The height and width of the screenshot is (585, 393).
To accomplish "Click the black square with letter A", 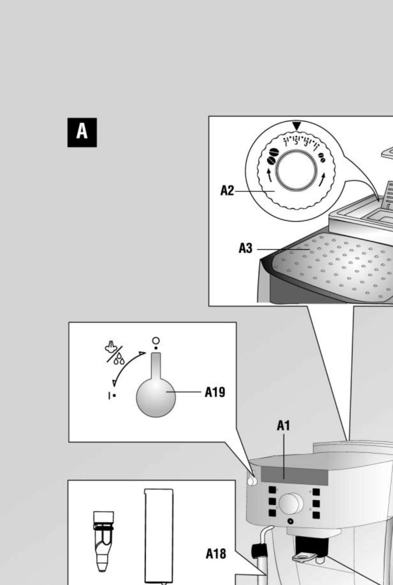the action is tap(82, 132).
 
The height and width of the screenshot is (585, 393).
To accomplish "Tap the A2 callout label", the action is tap(227, 191).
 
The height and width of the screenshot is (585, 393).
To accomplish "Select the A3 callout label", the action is tap(246, 248).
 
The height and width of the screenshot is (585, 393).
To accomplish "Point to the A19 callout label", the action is tap(215, 392).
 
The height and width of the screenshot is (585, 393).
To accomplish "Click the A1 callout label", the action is tap(283, 425).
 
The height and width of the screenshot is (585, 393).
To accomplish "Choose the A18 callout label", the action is tap(216, 554).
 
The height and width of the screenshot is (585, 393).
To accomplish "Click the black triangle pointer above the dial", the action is tap(297, 125).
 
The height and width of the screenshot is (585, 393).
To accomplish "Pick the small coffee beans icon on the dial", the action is tap(322, 158).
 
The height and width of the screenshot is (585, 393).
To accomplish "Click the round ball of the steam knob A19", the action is tap(156, 397).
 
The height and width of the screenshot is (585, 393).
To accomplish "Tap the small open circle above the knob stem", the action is tap(156, 341).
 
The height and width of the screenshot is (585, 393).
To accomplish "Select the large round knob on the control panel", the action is tap(291, 504).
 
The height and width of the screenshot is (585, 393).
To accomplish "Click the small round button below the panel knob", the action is tap(290, 521).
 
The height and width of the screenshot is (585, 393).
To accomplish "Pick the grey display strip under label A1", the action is tap(295, 476).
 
